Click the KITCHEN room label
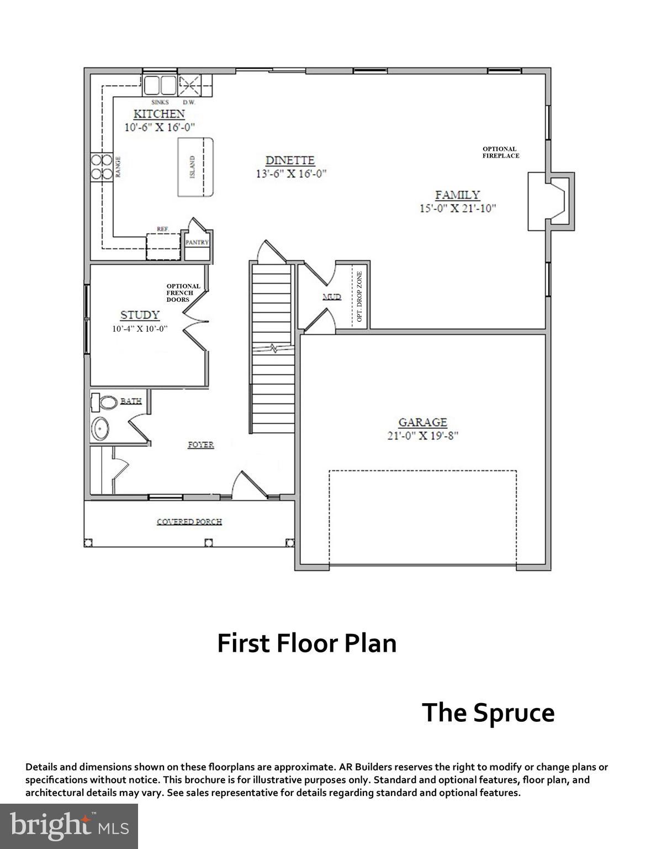coord(159,114)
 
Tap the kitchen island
coord(195,167)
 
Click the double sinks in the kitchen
coord(160,86)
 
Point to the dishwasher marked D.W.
coord(189,86)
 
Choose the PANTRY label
coord(197,242)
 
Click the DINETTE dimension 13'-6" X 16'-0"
coord(290,173)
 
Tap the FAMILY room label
coord(457,195)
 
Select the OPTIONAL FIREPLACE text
coord(500,152)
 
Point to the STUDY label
coord(140,315)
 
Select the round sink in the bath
coord(100,428)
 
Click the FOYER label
coord(200,444)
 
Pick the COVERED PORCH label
coord(189,521)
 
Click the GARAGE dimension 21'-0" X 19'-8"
coord(422,435)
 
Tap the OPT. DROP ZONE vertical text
coord(359,297)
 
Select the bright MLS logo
coord(69,826)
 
